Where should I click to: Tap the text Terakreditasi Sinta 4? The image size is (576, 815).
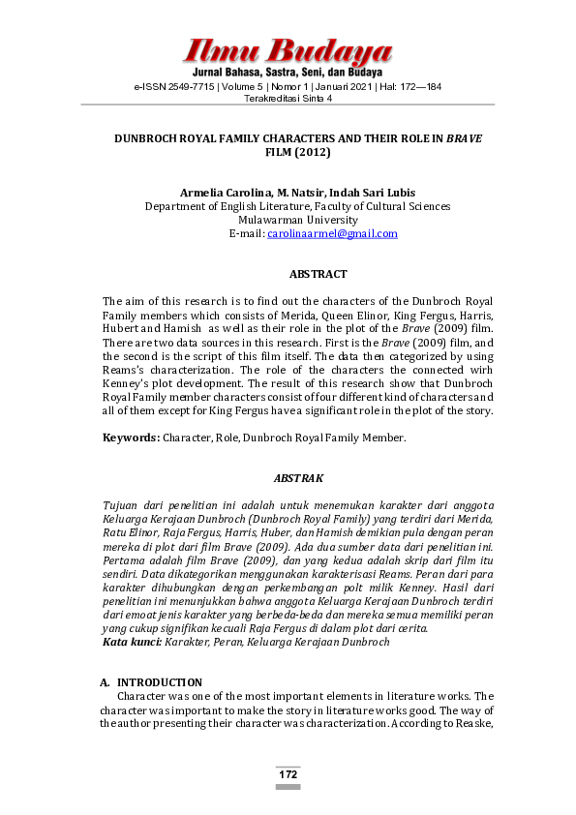tap(288, 98)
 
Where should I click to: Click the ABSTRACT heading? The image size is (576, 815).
tap(318, 275)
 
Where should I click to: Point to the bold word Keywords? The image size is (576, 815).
tap(132, 438)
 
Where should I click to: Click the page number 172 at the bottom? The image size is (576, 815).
tap(288, 774)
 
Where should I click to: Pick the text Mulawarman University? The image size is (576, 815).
tap(297, 220)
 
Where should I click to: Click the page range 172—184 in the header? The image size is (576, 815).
tap(414, 86)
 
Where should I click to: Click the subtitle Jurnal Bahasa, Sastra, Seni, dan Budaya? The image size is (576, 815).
tap(288, 73)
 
